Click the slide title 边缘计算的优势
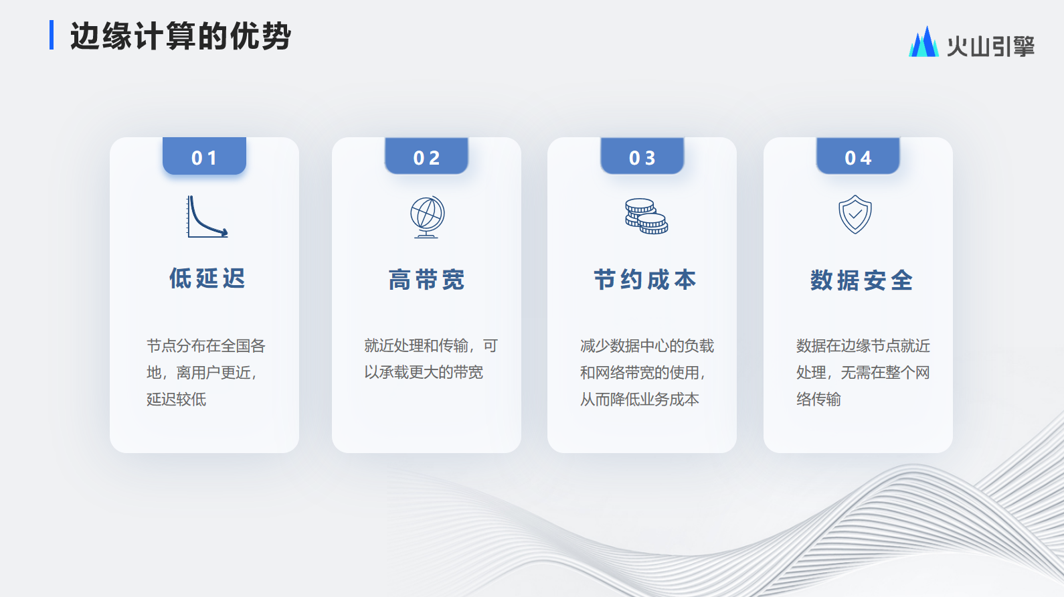181,36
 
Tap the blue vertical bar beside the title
52,35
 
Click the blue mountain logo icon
924,41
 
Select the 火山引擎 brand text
991,46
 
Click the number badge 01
204,156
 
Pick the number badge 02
426,156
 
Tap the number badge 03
642,156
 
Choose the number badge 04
858,156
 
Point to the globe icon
427,217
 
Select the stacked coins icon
646,217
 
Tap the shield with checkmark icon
855,215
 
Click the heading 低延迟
207,278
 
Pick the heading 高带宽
426,280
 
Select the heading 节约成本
645,280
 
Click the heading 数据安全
861,280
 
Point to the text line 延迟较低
176,399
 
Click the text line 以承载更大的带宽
424,372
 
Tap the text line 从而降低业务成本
639,399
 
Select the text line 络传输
818,399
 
